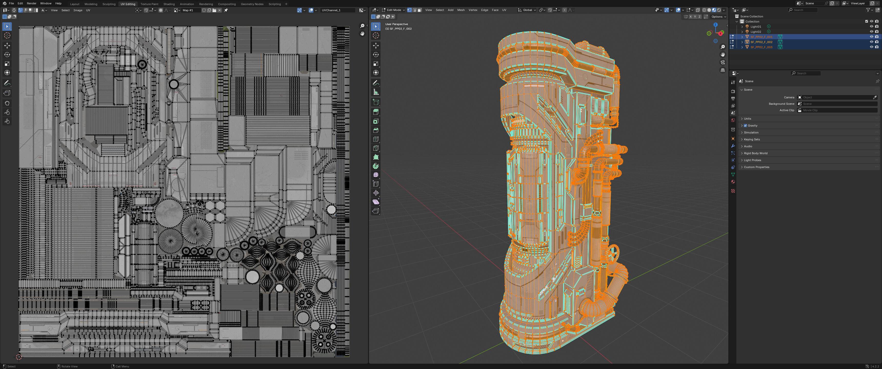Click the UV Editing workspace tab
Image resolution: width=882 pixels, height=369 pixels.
pyautogui.click(x=128, y=4)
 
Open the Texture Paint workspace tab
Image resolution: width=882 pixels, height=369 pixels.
pyautogui.click(x=149, y=4)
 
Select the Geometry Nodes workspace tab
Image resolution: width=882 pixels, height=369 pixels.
pyautogui.click(x=252, y=4)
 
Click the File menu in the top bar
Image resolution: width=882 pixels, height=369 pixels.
pyautogui.click(x=11, y=3)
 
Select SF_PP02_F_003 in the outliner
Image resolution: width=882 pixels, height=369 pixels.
pyautogui.click(x=761, y=47)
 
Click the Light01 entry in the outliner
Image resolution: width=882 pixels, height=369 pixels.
pyautogui.click(x=756, y=27)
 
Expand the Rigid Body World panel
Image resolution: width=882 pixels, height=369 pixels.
pyautogui.click(x=755, y=153)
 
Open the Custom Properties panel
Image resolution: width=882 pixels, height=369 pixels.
pyautogui.click(x=756, y=167)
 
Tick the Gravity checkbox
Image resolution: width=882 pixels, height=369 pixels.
pyautogui.click(x=745, y=126)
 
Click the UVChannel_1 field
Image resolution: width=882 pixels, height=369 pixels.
pyautogui.click(x=337, y=10)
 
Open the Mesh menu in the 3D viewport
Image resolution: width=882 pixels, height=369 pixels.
pyautogui.click(x=461, y=10)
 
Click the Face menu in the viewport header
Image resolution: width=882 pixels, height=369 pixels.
pyautogui.click(x=495, y=10)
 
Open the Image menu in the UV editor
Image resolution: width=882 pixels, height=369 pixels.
pyautogui.click(x=78, y=10)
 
